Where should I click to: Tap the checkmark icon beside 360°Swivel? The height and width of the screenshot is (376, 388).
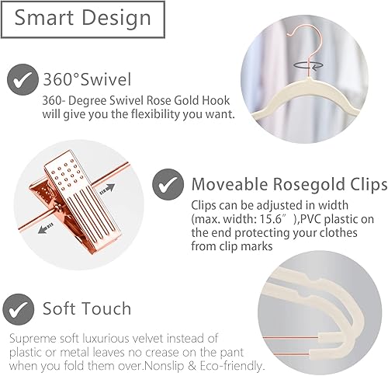[x=24, y=80]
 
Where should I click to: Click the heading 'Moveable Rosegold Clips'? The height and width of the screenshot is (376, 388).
[x=289, y=185]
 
